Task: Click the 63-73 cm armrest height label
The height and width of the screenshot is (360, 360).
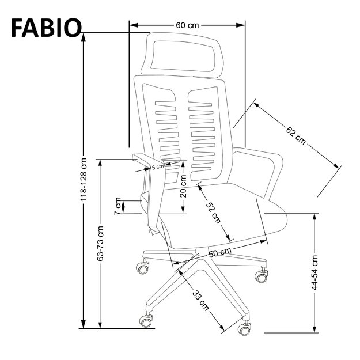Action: [x=101, y=242]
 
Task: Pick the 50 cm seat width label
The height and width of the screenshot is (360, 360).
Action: [x=219, y=252]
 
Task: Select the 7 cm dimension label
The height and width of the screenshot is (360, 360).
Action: [x=118, y=205]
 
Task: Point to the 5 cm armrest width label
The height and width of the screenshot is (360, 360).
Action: [x=157, y=167]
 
